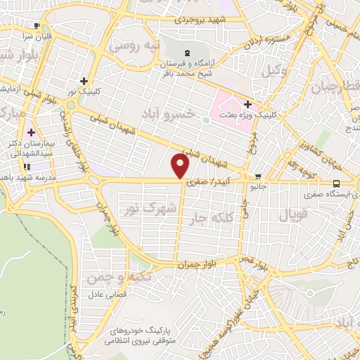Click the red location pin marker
tap(181, 167)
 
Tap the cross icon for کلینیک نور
tap(84, 81)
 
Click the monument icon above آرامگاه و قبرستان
tap(186, 53)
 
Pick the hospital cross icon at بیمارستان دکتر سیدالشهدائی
tap(31, 131)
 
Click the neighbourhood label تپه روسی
tap(139, 46)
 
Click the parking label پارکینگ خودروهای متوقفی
tap(144, 334)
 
